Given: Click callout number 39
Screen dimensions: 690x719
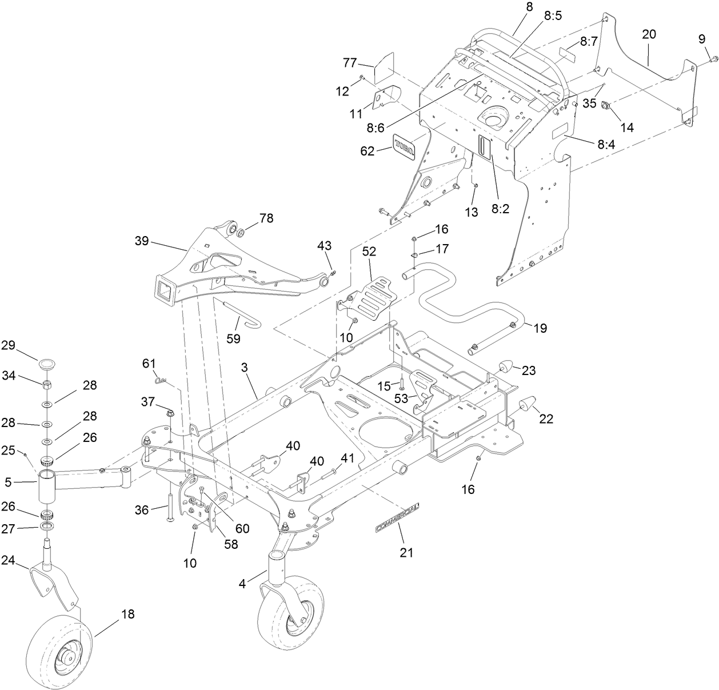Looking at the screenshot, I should pyautogui.click(x=141, y=241).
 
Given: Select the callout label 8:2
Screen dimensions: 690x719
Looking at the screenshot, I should pyautogui.click(x=500, y=210).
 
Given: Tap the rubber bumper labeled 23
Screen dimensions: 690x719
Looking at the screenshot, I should pyautogui.click(x=507, y=366).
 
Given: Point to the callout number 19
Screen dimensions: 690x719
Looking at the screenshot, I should pyautogui.click(x=540, y=328).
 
